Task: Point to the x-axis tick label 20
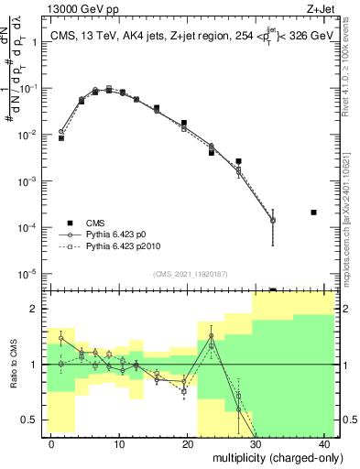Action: [x=188, y=443]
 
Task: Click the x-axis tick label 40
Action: [x=325, y=443]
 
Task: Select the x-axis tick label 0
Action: [x=51, y=443]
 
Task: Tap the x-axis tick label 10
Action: [x=119, y=443]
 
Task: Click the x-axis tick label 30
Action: [x=256, y=443]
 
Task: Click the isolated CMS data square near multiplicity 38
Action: [x=313, y=213]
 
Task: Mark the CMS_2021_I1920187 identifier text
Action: [x=189, y=274]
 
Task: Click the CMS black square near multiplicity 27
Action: [x=238, y=161]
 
